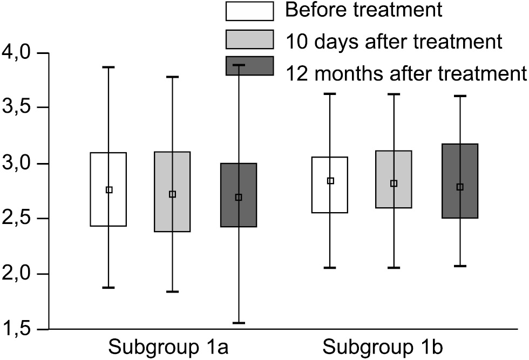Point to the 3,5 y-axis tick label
[18, 108]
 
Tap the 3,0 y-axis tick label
[18, 164]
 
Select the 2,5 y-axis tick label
[18, 219]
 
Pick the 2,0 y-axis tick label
[18, 274]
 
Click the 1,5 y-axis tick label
[18, 330]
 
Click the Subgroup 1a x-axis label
[168, 347]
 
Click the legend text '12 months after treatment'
[405, 72]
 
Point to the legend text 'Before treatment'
[364, 10]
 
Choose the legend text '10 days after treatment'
[394, 40]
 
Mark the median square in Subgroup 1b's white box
[330, 181]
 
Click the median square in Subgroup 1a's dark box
[239, 198]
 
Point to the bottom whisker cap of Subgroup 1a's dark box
[239, 323]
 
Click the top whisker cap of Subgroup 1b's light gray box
[394, 94]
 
